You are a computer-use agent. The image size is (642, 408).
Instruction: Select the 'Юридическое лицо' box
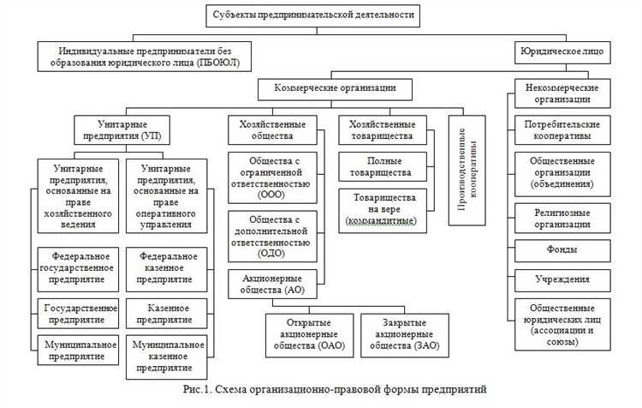[561, 51]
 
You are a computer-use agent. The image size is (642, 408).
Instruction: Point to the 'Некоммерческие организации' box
[562, 93]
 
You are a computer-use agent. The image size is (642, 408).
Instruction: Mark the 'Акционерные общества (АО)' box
[270, 284]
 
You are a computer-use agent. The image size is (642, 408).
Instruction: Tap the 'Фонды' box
[561, 249]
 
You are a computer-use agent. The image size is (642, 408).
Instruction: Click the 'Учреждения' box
[561, 279]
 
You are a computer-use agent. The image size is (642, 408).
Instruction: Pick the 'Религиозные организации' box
[561, 217]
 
